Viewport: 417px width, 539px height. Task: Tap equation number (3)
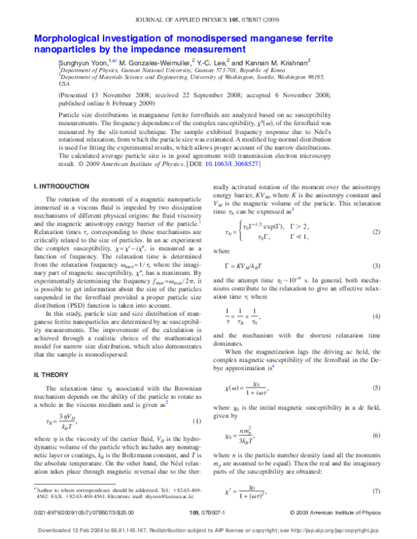pyautogui.click(x=374, y=266)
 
